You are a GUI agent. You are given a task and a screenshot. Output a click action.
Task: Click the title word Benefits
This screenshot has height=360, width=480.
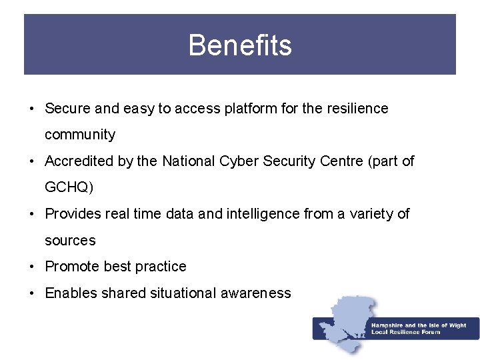[240, 45]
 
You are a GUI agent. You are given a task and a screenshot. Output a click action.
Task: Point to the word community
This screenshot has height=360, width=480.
[80, 135]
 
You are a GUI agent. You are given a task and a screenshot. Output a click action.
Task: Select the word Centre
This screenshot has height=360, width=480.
[339, 161]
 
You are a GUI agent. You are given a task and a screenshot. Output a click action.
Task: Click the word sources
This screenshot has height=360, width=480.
[70, 240]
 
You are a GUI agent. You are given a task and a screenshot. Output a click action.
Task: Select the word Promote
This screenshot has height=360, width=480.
[72, 267]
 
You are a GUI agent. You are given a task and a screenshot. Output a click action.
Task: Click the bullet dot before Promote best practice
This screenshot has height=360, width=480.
[31, 267]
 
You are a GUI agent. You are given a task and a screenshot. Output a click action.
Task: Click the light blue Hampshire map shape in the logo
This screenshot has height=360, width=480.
[347, 313]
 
